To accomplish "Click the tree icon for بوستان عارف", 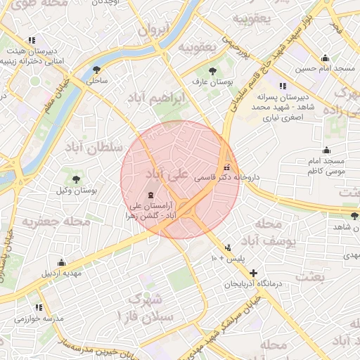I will pyautogui.click(x=213, y=70).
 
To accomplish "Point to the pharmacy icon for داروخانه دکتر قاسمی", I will pyautogui.click(x=226, y=167).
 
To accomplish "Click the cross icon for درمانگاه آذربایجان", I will pyautogui.click(x=253, y=272).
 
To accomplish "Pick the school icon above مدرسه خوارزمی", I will pyautogui.click(x=39, y=307).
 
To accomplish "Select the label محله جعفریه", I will pyautogui.click(x=56, y=222).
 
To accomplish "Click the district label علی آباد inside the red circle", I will pyautogui.click(x=167, y=174).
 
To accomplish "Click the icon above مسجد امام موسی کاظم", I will pyautogui.click(x=326, y=150).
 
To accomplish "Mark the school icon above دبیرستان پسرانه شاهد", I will pyautogui.click(x=283, y=86).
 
